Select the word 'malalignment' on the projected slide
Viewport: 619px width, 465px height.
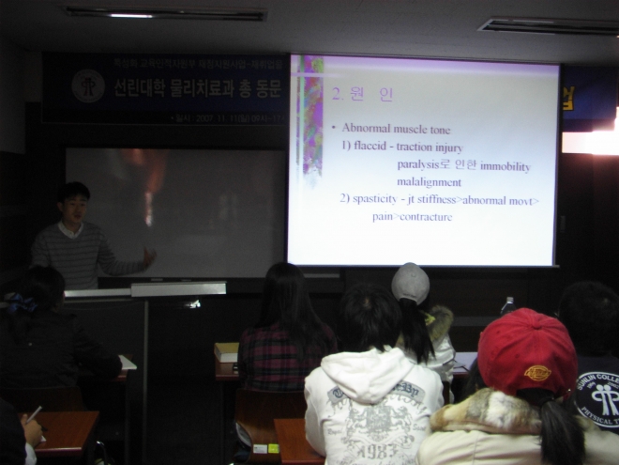pos(429,182)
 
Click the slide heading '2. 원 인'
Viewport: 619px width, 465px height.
pos(363,94)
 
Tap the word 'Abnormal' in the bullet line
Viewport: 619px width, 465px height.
pos(365,128)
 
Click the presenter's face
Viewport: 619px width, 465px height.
pos(74,205)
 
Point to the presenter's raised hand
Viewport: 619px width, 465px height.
pos(148,256)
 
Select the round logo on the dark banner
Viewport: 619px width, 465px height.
pos(87,85)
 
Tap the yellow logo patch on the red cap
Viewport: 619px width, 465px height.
pos(536,373)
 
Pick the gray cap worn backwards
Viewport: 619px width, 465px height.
pos(410,282)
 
